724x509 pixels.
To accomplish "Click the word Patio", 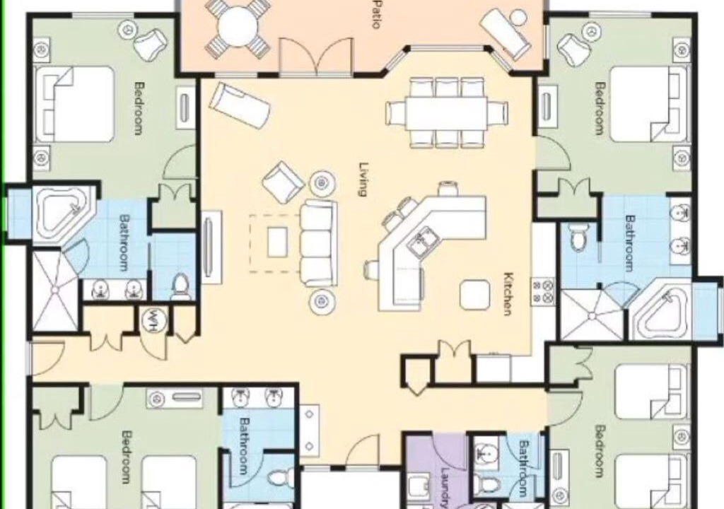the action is point(376,15).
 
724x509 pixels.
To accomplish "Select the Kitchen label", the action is point(508,294).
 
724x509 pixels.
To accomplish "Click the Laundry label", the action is point(444,488).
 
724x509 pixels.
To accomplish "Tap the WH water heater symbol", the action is point(151,319).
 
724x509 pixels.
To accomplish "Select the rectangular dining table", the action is point(447,113).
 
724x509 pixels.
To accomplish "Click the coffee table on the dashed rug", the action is point(277,242).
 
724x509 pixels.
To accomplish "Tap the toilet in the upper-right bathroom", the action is point(578,237).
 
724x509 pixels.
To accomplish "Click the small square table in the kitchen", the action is point(474,295).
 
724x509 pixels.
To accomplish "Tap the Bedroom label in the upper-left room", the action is point(139,108).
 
